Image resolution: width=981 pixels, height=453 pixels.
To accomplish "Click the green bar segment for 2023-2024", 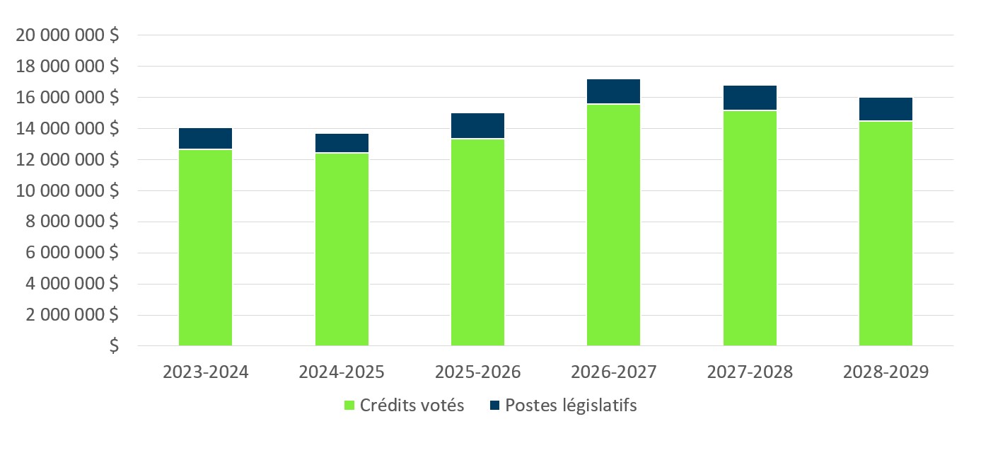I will [205, 248].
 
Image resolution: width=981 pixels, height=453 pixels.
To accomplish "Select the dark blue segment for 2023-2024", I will [205, 139].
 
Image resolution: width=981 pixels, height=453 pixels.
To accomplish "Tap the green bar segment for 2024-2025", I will [342, 249].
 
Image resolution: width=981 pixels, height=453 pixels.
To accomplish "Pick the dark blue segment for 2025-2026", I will [477, 125].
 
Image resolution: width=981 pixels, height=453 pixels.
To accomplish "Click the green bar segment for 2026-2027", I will [613, 225].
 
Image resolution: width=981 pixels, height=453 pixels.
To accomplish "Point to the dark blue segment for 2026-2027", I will [613, 91].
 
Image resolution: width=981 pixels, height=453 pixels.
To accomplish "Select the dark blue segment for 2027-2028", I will [750, 98].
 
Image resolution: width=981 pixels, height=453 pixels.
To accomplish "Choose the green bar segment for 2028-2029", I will [886, 234].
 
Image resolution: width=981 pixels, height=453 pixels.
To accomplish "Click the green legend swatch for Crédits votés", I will [349, 406].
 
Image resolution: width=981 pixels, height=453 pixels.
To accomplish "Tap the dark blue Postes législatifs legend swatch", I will [494, 406].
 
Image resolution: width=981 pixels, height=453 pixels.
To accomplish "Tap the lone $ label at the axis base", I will [114, 347].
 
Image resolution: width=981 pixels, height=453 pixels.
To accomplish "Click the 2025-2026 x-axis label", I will [477, 372].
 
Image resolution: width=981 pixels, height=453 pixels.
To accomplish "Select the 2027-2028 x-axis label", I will [750, 372].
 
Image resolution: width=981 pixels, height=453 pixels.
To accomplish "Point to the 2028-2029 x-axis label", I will [886, 372].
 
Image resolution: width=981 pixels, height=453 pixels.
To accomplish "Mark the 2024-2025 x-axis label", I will [342, 372].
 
